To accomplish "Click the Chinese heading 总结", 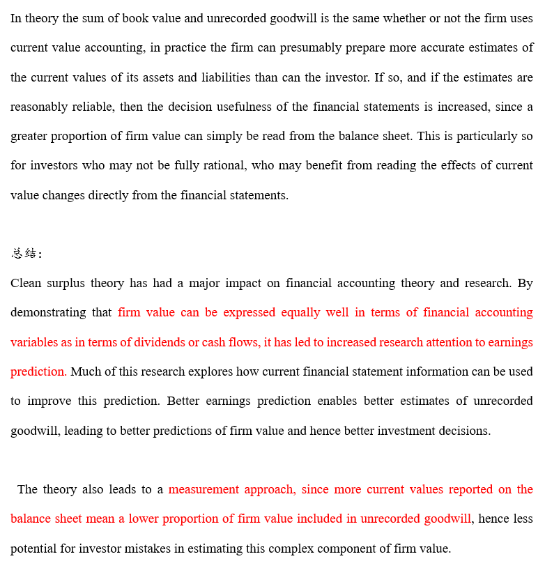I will point(24,254).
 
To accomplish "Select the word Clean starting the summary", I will point(27,283).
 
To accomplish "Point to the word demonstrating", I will point(48,312).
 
